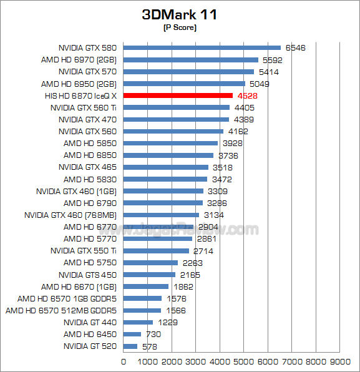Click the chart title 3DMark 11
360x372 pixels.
tap(179, 15)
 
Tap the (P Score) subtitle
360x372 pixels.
tap(180, 27)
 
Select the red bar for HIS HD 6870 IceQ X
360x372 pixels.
tap(178, 95)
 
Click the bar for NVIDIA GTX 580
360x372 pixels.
tap(202, 48)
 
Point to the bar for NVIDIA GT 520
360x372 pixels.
tap(130, 346)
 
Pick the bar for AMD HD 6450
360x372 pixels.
tap(132, 335)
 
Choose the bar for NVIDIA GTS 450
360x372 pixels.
tap(149, 275)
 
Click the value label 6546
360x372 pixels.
tap(296, 48)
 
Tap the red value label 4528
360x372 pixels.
tap(248, 96)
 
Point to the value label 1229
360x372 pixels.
tap(168, 323)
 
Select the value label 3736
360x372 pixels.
tap(228, 155)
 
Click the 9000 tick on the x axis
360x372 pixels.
tap(340, 362)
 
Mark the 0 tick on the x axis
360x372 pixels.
tap(124, 362)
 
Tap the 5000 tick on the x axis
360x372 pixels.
tap(244, 362)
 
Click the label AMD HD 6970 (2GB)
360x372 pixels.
tap(79, 60)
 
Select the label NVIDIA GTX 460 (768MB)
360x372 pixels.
tap(71, 215)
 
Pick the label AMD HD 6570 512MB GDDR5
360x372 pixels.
tap(61, 311)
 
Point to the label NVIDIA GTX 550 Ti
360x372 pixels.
tap(84, 251)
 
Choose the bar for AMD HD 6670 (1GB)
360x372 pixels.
tap(146, 286)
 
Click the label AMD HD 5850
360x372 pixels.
tap(90, 144)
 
